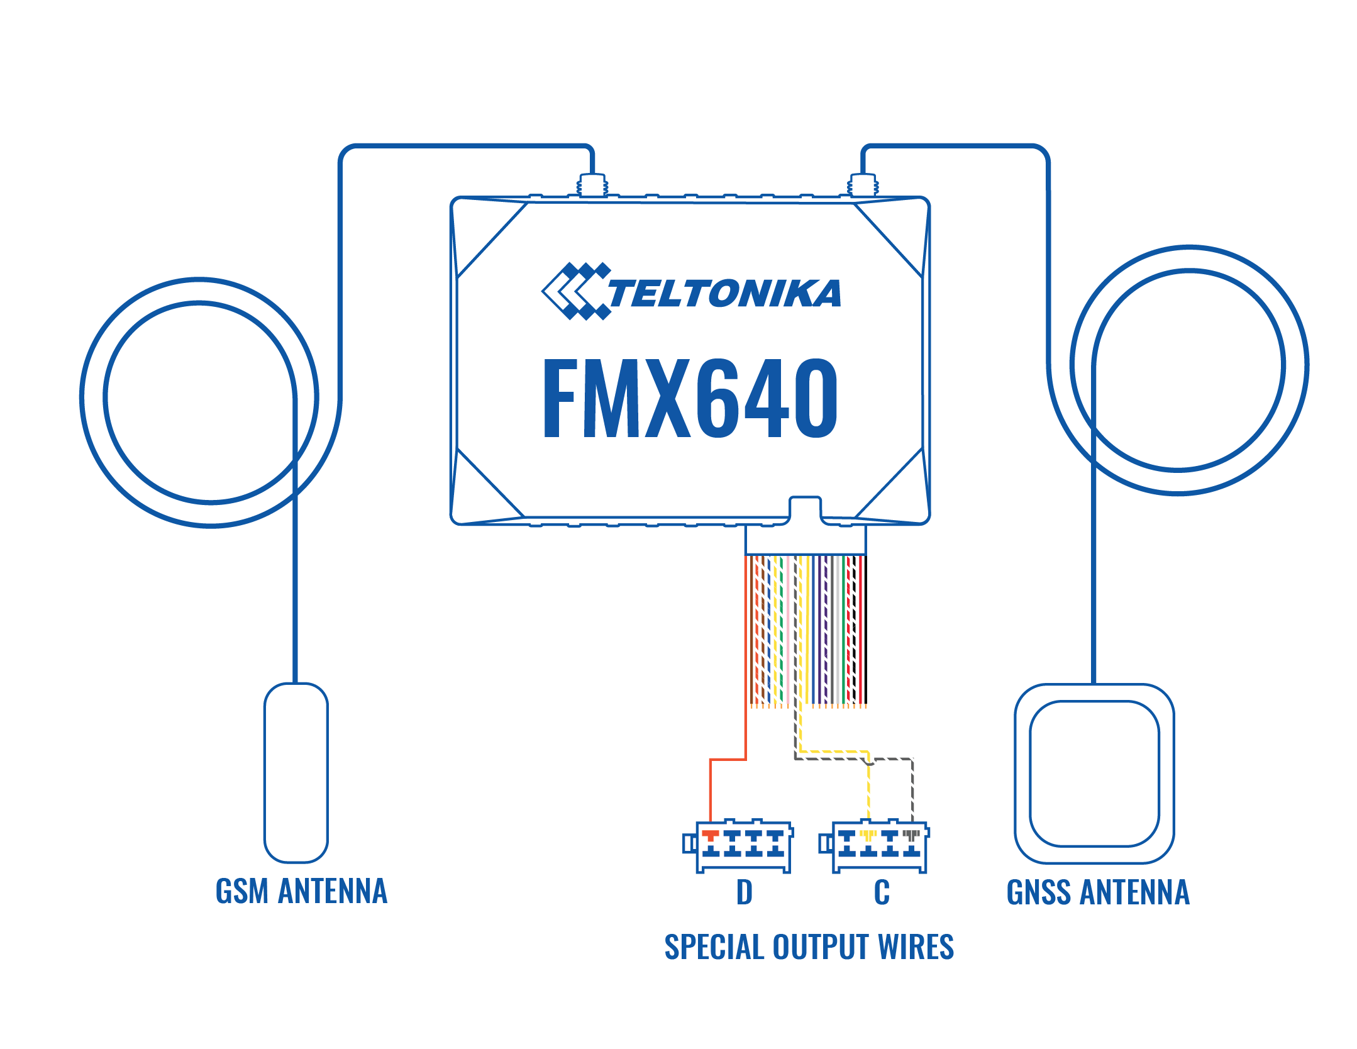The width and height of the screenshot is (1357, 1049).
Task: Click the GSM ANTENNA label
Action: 301,891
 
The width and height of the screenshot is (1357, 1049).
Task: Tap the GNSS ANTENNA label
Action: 1098,892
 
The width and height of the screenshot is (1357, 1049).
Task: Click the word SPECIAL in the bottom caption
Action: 714,947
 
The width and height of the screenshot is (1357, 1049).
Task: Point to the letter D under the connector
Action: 745,892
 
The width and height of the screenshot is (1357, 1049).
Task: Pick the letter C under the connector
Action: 882,892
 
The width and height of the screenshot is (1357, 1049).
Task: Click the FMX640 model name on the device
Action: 690,397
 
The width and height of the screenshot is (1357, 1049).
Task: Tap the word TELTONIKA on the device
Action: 724,293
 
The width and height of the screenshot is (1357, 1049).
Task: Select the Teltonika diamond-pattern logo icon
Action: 575,291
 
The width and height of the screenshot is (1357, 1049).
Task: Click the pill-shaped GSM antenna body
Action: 296,773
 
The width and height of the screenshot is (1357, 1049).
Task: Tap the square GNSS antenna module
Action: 1094,774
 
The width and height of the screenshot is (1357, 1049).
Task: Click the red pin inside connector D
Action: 711,836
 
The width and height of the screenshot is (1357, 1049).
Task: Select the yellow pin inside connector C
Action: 868,836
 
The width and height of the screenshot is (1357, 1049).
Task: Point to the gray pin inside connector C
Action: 912,836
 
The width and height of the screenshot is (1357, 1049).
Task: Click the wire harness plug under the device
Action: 806,540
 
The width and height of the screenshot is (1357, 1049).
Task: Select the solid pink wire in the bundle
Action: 787,630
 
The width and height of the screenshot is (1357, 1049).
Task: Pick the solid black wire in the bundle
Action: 865,630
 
